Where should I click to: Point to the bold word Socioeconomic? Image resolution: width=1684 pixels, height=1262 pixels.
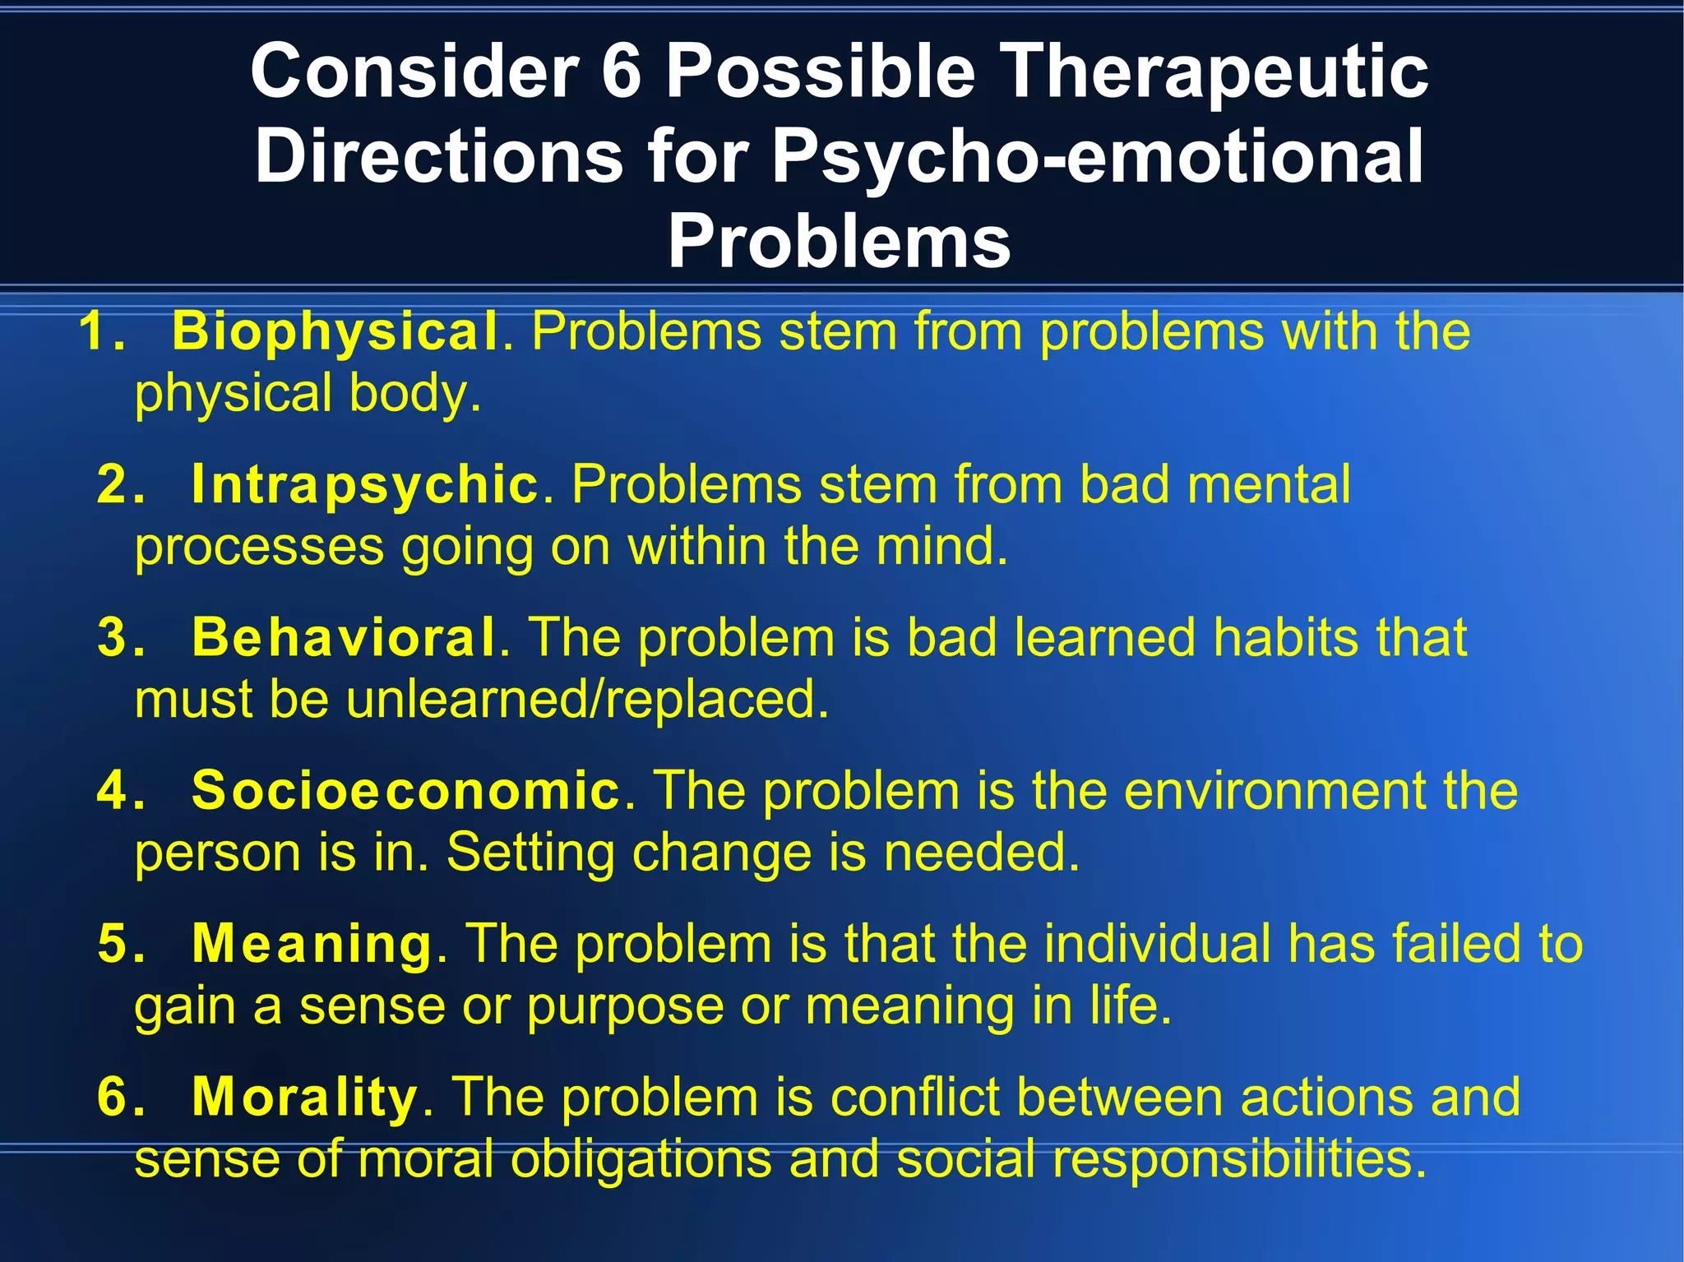tap(405, 791)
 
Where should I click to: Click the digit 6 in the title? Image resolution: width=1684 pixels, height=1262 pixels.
tap(621, 72)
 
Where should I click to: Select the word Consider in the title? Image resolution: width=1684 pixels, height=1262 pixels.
tap(415, 72)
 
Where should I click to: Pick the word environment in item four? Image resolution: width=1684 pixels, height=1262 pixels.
tap(1275, 792)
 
